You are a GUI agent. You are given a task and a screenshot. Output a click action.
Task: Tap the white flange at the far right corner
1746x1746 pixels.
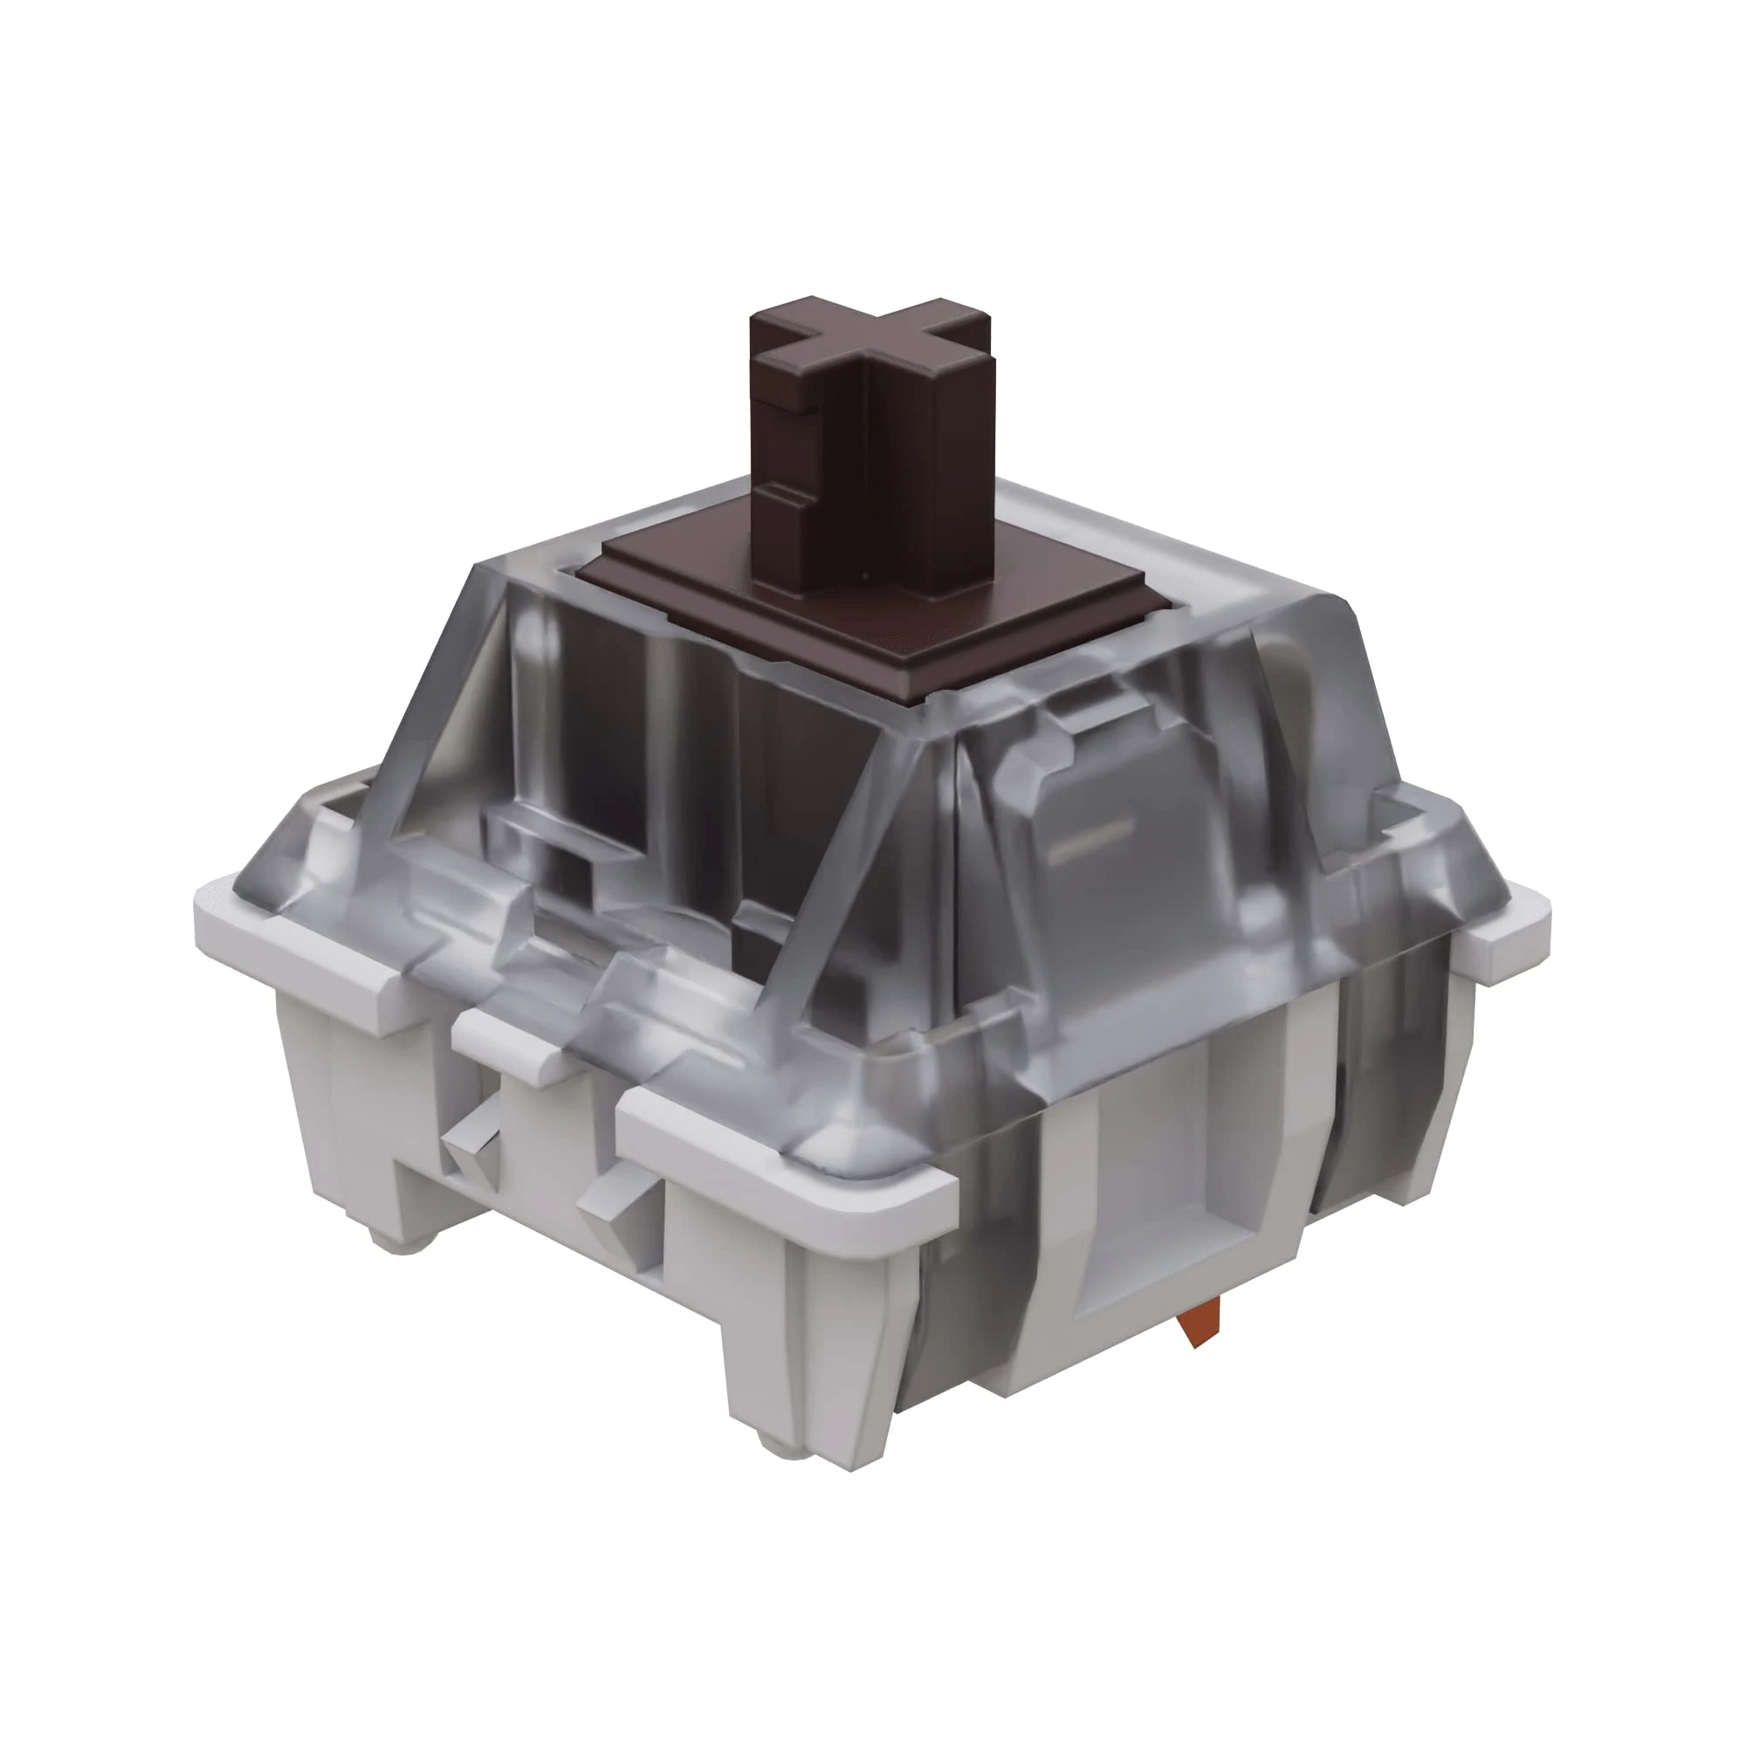[x=1504, y=931]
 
